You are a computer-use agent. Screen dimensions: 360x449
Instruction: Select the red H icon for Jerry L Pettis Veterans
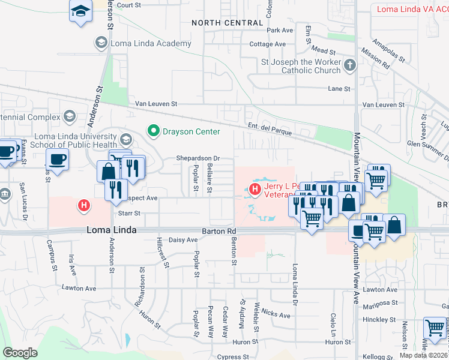tap(255, 190)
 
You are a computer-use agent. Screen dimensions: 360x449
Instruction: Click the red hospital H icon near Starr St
tap(85, 206)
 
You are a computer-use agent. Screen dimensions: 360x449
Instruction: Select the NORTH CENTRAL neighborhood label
tap(227, 23)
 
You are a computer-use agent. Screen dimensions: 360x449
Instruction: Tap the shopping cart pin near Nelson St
tap(435, 328)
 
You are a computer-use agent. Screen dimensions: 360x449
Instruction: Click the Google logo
tap(20, 352)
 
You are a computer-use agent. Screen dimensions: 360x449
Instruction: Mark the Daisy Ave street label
tap(184, 240)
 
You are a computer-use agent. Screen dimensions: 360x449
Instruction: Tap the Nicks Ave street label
tap(276, 313)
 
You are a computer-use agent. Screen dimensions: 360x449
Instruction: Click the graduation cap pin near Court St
tap(80, 11)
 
